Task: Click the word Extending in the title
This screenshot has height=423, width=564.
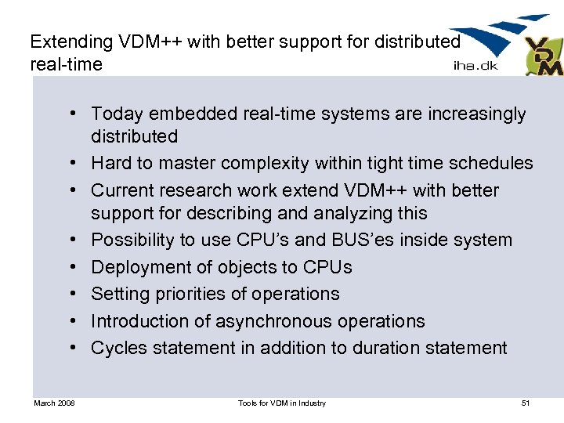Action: coord(67,40)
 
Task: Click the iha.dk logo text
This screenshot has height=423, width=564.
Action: coord(474,66)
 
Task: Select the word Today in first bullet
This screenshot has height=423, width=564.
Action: coord(117,114)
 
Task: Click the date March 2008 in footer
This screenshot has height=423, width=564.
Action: coord(54,403)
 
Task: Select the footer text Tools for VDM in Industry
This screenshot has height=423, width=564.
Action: coord(282,403)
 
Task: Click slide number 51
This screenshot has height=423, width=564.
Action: coord(526,403)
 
